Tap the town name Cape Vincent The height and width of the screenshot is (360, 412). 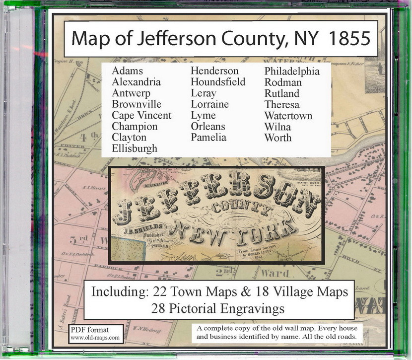click(141, 115)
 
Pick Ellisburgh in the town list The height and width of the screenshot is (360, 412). click(134, 148)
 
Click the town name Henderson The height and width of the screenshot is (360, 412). click(214, 71)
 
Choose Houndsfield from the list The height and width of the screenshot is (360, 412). click(218, 81)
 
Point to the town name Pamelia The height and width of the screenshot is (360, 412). click(208, 138)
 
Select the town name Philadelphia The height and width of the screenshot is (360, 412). click(292, 71)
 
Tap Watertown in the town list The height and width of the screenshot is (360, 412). click(288, 116)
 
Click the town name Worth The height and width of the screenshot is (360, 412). click(277, 138)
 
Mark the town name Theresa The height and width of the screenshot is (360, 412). click(282, 104)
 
